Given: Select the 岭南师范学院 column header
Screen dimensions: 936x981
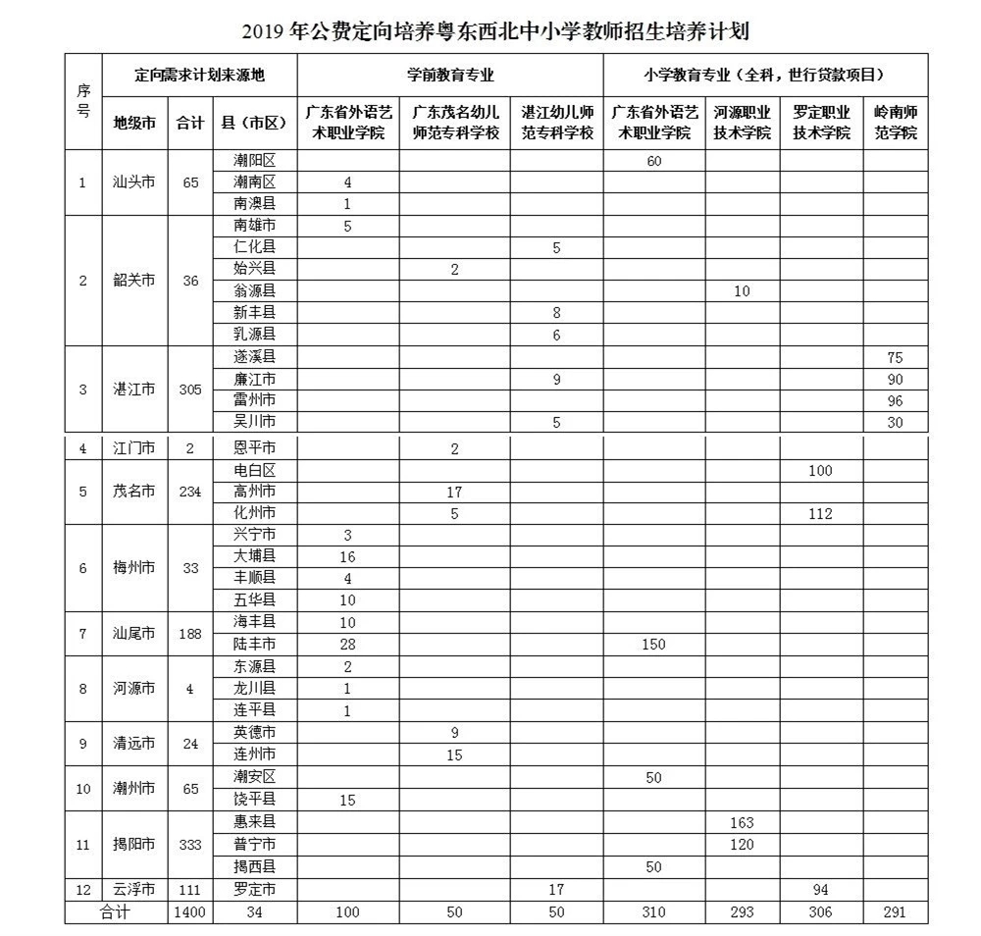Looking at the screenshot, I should click(895, 123).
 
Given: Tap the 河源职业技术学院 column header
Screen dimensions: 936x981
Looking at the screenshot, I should click(743, 123).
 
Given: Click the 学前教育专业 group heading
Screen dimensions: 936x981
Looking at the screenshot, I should click(450, 75).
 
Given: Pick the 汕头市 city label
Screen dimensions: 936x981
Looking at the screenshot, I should click(134, 182).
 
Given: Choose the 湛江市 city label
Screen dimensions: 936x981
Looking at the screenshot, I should click(134, 390).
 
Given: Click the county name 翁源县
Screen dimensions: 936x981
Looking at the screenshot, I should click(255, 290).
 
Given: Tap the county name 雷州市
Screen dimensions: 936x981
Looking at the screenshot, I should click(255, 400).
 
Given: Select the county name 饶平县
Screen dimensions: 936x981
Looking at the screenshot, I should click(255, 799).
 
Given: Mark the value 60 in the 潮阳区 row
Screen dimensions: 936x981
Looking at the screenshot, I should click(653, 161).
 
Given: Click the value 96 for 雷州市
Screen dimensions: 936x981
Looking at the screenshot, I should click(895, 400).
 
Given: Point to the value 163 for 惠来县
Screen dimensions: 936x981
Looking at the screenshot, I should click(743, 822).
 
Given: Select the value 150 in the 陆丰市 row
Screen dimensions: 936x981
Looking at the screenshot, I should click(653, 645).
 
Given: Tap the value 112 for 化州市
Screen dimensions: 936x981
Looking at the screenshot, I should click(820, 513).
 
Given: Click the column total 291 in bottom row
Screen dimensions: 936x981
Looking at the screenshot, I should click(895, 912).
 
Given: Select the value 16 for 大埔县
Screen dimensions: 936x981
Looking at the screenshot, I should click(347, 557).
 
